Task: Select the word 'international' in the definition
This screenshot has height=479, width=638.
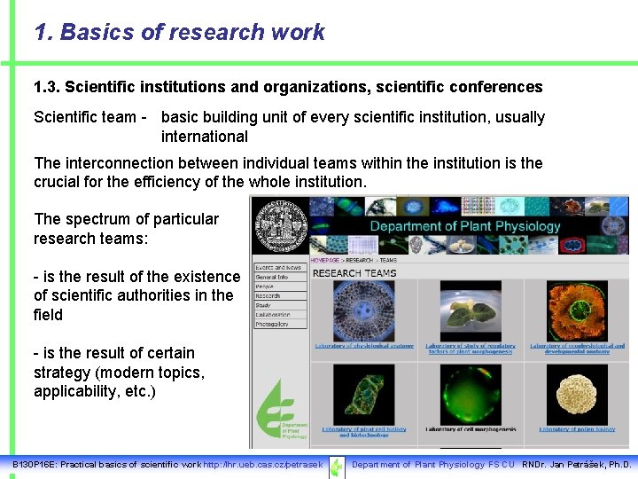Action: [204, 137]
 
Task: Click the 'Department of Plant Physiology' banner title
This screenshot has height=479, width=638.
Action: [464, 226]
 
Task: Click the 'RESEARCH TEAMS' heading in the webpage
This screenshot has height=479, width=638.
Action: [354, 273]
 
